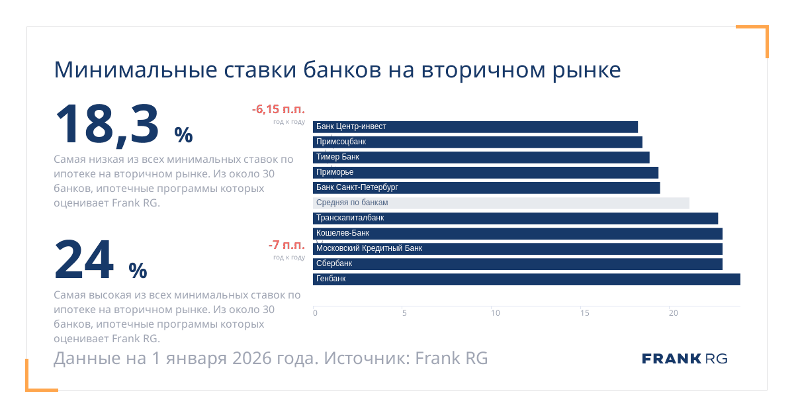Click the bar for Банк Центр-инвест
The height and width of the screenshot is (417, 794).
click(475, 126)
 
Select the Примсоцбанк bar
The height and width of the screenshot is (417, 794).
click(477, 142)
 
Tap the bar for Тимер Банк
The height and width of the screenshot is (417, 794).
click(481, 157)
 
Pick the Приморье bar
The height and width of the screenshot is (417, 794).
click(485, 172)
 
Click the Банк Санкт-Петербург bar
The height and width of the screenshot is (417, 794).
click(486, 187)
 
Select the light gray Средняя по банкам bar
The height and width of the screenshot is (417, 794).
click(501, 203)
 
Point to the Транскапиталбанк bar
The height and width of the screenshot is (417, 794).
click(515, 218)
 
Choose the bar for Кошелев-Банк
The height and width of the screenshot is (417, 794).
click(517, 233)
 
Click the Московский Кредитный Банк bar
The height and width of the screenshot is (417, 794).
click(517, 248)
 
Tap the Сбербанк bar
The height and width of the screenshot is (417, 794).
click(517, 263)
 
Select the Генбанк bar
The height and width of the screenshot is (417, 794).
click(526, 279)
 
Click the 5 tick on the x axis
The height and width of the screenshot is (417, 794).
click(404, 313)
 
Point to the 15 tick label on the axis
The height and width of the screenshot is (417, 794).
click(584, 313)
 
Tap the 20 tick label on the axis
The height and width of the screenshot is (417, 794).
click(674, 313)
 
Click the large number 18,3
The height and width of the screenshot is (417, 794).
click(107, 124)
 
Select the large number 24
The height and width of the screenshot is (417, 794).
click(84, 260)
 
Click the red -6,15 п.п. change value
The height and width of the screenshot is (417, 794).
click(278, 109)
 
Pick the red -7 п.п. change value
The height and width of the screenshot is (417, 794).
click(287, 246)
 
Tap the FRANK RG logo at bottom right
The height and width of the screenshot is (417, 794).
click(684, 359)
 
